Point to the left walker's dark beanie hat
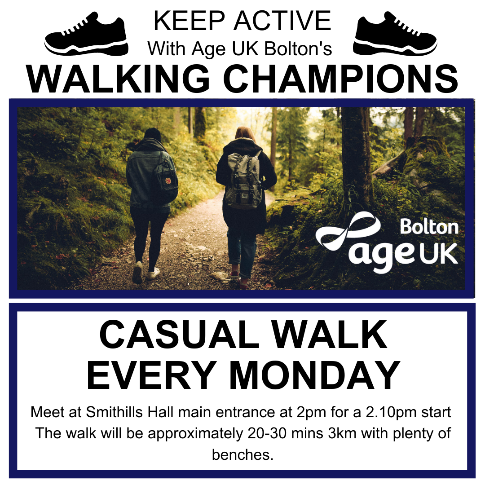point(153,134)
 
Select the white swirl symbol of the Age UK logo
point(348,230)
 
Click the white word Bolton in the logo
point(429,227)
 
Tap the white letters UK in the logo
point(439,253)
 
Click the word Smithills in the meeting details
point(114,412)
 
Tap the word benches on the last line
point(243,454)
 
